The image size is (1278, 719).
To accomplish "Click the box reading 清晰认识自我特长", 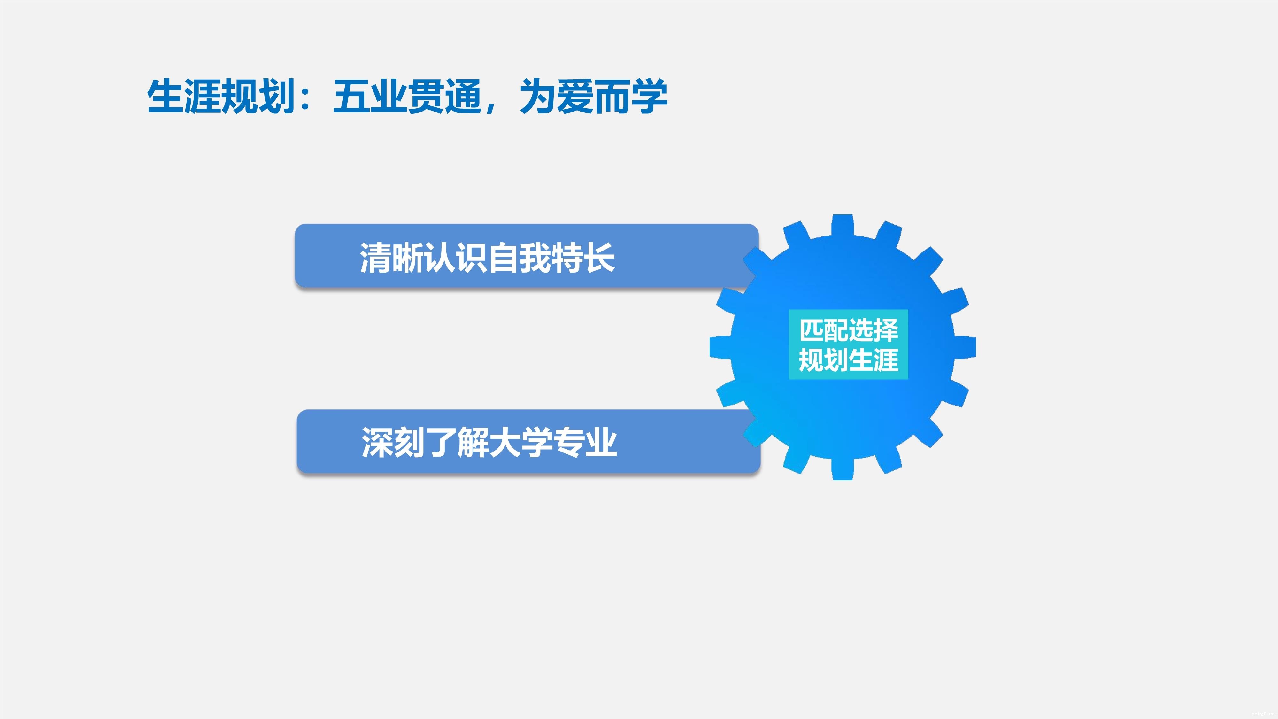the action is click(x=527, y=256).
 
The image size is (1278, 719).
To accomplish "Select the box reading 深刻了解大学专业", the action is click(x=528, y=441).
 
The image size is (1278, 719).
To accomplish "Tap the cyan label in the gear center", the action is click(x=848, y=345).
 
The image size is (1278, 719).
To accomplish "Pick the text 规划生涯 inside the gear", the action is click(x=848, y=360).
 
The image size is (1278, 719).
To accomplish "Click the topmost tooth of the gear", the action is click(x=843, y=225).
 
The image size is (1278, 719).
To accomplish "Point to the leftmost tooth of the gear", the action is click(x=720, y=347).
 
